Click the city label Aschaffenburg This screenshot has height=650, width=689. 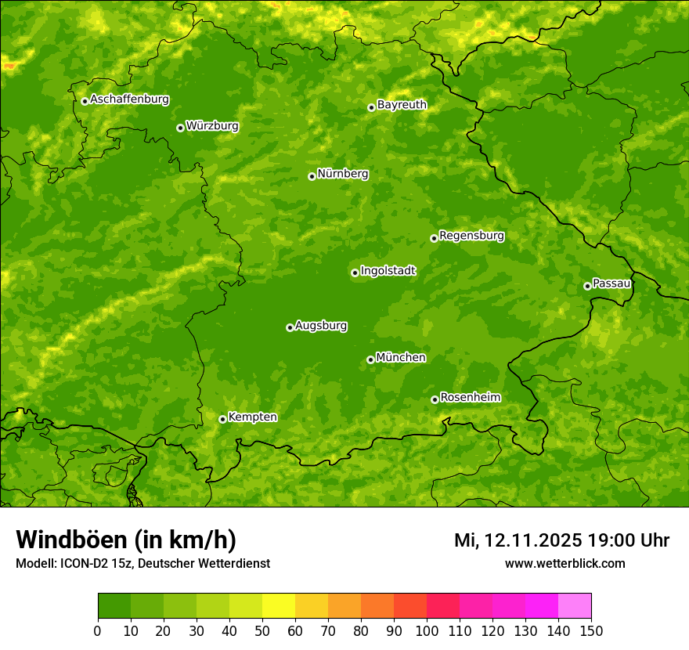coord(129,99)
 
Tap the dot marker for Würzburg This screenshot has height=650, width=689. coord(180,128)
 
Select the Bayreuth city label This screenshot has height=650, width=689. coord(402,104)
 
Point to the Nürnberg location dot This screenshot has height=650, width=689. coord(312,176)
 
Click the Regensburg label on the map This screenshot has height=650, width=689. coord(471,235)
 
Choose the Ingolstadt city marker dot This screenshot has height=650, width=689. coord(355,273)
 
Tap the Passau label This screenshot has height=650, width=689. coord(611,283)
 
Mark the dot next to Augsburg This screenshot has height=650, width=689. coord(290,327)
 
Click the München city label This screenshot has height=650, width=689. coord(401,357)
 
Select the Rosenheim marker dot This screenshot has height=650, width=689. coord(435,399)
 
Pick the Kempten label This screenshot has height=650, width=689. coord(252,417)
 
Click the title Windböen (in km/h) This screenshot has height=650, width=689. coord(125,540)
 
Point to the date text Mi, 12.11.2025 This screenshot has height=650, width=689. coord(518,540)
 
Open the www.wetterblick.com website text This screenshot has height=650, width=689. coord(565,563)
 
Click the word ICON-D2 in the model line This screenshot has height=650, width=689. coord(84,564)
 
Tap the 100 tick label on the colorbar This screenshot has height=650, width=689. coord(427,630)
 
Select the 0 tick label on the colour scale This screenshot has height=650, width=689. coord(98,630)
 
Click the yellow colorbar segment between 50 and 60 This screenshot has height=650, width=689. coord(279,606)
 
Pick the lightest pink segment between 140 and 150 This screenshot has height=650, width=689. coord(575,606)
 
